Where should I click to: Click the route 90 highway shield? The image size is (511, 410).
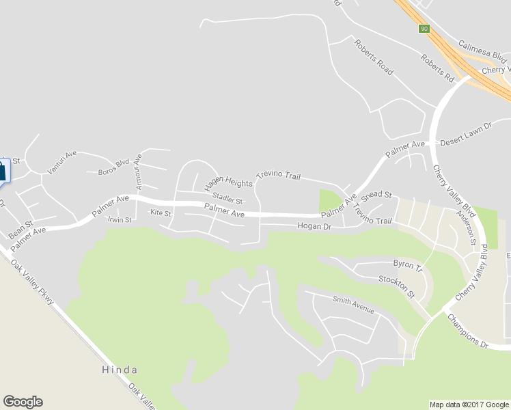424,29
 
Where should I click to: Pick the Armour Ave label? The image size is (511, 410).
139,167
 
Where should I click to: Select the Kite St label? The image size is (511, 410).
161,213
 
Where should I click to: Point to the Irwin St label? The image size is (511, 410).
120,219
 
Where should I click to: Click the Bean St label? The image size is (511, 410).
20,230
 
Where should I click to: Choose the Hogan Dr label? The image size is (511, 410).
314,226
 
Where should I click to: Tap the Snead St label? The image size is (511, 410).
376,195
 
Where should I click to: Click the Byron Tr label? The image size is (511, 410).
408,264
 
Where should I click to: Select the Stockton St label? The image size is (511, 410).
397,286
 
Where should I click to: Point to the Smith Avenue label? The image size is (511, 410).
354,305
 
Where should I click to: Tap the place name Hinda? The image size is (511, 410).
120,370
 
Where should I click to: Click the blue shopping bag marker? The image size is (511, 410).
2,170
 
